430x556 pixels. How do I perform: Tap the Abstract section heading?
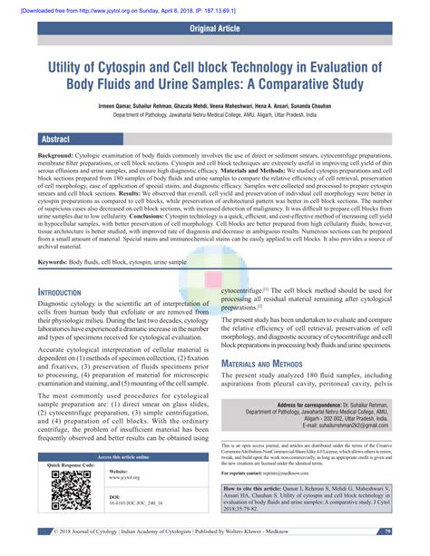click(57, 139)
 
